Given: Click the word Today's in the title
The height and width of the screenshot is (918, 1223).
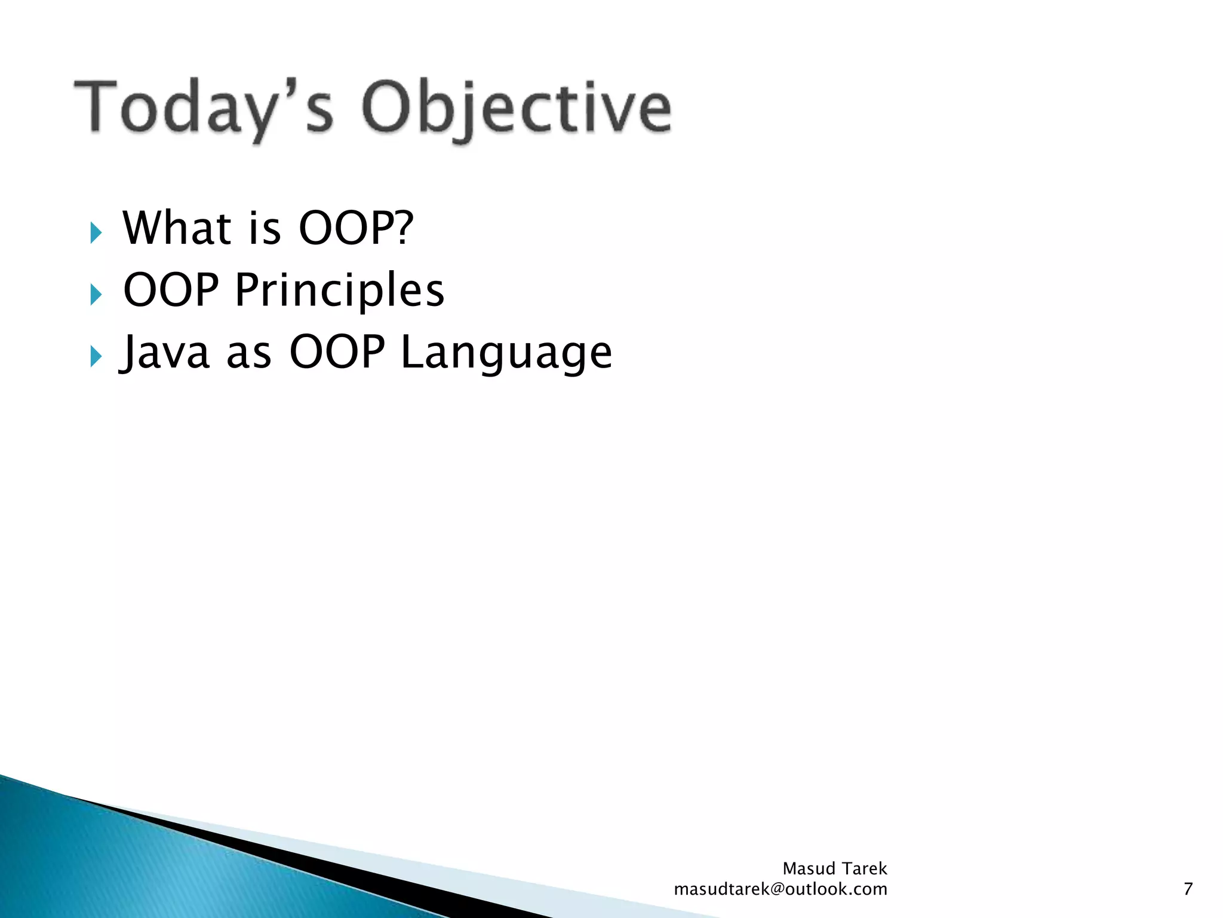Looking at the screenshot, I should click(203, 108).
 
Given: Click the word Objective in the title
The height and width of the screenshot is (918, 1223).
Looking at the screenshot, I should click(517, 108).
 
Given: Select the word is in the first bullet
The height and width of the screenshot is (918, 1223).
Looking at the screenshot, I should click(264, 229).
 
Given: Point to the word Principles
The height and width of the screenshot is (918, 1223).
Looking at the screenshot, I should click(339, 290).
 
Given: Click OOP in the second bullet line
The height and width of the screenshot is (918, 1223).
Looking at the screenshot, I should click(171, 290).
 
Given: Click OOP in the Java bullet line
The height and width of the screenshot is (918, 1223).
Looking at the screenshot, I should click(337, 352).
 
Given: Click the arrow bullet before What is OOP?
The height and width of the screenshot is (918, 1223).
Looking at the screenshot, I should click(96, 232).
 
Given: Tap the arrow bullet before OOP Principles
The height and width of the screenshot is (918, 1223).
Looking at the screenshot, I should click(96, 295).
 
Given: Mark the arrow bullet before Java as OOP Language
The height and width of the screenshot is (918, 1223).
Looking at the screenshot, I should click(96, 357).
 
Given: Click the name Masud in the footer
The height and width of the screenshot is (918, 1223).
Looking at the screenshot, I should click(809, 868).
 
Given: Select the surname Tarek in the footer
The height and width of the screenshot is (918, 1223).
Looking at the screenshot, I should click(864, 868).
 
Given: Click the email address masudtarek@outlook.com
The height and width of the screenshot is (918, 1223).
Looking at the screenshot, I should click(780, 889).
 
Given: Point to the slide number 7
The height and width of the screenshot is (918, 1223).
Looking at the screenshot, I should click(1188, 889).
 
